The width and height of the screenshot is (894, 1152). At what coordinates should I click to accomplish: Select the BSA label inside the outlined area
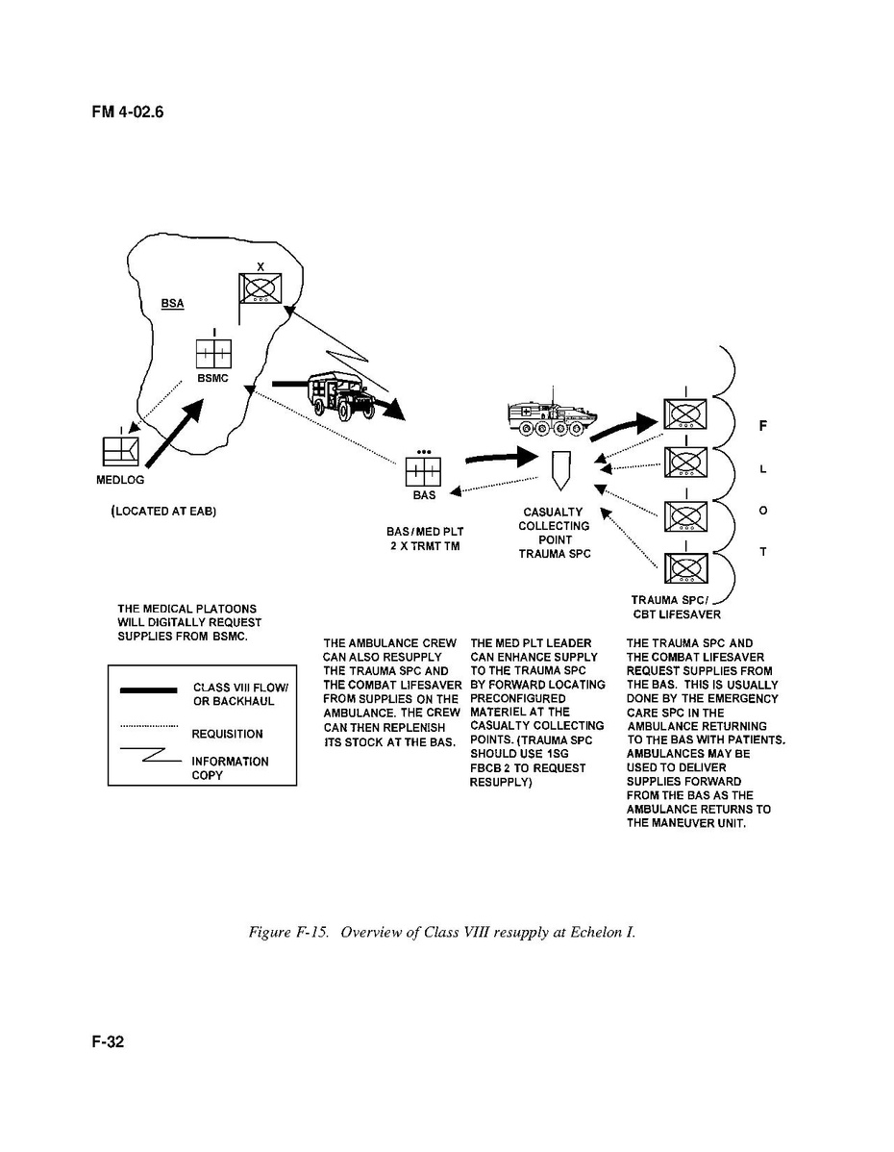pos(172,303)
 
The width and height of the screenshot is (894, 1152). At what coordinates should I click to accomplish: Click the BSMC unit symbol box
pos(213,354)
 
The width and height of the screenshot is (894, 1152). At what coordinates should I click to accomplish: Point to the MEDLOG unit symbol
pos(120,451)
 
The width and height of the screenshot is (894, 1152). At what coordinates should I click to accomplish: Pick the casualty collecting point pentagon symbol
pos(561,470)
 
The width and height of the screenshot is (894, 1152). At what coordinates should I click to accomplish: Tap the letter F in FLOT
pos(762,424)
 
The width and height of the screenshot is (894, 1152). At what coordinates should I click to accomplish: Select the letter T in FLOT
pos(762,553)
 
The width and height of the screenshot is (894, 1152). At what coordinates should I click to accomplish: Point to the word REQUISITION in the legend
pos(227,734)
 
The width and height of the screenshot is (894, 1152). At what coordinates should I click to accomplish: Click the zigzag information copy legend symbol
pos(149,758)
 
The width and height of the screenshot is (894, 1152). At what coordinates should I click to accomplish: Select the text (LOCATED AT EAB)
pos(163,512)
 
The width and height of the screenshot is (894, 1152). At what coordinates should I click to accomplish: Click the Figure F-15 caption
pos(441,934)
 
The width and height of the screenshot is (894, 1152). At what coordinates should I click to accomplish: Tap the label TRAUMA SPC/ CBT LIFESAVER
pos(676,607)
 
